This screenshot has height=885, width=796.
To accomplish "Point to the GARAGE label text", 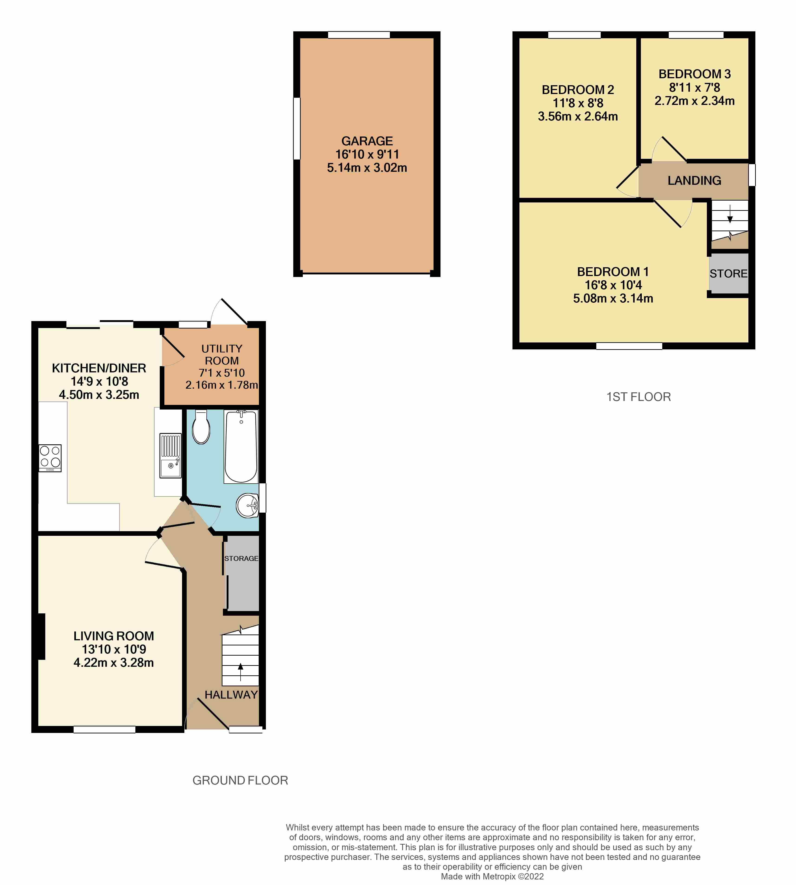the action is click(x=367, y=141).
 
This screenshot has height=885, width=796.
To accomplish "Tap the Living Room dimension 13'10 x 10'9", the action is click(x=114, y=649).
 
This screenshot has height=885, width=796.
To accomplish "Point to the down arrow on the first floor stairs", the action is click(x=730, y=216).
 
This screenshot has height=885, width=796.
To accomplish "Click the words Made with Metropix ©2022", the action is click(x=492, y=876).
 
